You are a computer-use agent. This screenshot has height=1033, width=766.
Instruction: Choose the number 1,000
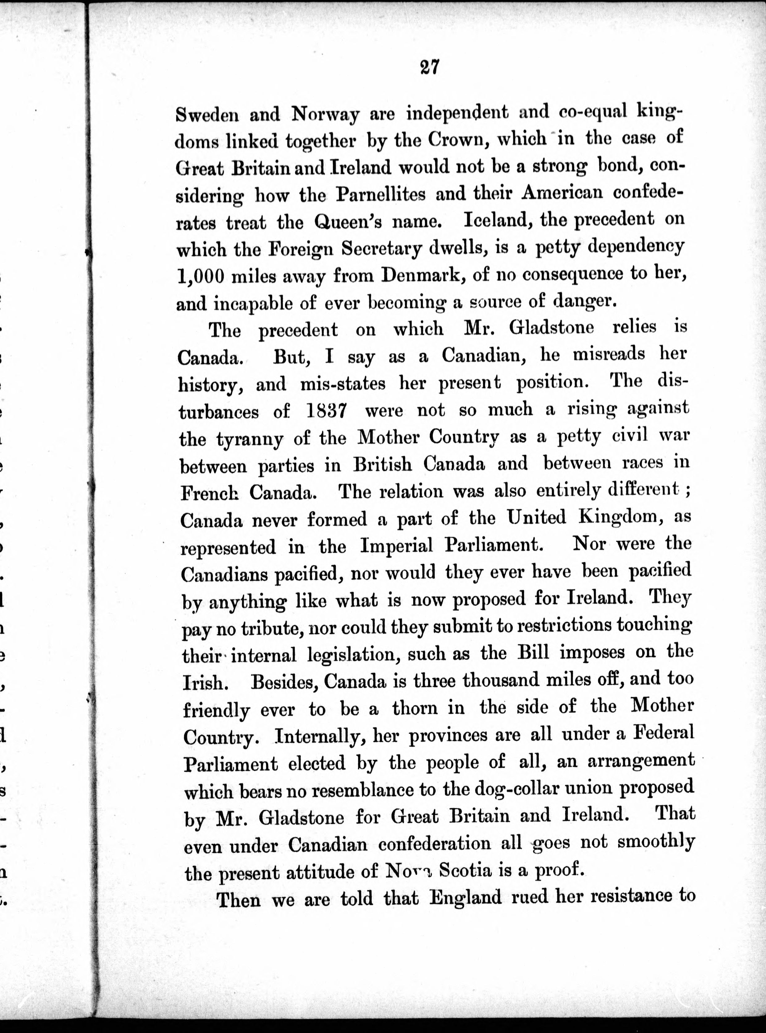pos(201,276)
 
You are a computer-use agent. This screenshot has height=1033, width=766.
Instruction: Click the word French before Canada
pos(209,493)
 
